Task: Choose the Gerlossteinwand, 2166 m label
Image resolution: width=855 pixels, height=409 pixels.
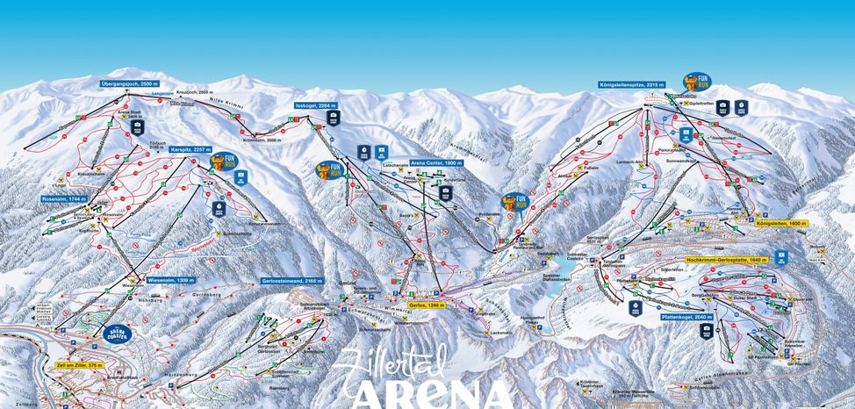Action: (292, 280)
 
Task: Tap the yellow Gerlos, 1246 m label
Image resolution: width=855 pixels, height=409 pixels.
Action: (426, 305)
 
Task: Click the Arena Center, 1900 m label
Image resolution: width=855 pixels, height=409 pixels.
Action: (435, 163)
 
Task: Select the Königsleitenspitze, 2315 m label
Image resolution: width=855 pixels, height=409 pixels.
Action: (632, 85)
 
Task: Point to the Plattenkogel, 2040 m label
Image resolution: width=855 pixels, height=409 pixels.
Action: (676, 316)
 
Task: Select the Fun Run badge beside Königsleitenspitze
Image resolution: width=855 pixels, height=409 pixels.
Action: (698, 83)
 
